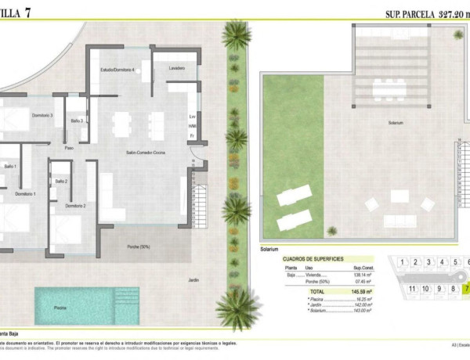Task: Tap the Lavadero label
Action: point(177,68)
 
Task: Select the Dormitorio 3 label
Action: point(42,115)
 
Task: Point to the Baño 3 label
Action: point(77,121)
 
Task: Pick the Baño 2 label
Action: point(61,182)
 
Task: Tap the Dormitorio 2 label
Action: point(75,205)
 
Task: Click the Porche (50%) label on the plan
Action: point(139,247)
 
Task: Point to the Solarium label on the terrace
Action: point(396,123)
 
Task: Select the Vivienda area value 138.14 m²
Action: point(365,275)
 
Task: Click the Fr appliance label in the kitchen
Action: point(192,136)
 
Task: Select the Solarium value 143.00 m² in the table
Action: point(363,311)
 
